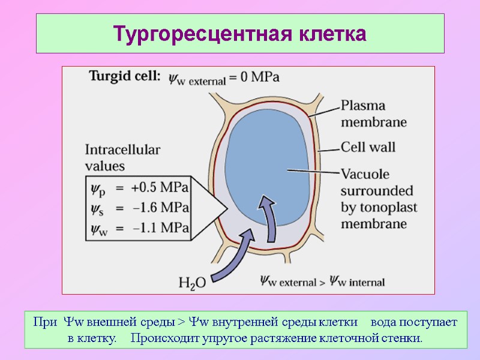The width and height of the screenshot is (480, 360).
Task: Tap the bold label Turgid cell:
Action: [x=125, y=77]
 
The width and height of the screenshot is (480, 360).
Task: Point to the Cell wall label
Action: [x=368, y=146]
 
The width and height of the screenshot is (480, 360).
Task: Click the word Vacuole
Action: [x=365, y=175]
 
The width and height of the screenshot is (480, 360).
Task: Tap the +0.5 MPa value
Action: [x=160, y=187]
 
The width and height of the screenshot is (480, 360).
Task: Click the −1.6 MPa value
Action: [x=160, y=208]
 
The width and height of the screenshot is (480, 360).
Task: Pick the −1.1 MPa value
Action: [x=160, y=228]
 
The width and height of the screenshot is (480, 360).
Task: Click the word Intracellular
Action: [x=122, y=149]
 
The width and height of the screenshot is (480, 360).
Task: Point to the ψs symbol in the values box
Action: [x=97, y=208]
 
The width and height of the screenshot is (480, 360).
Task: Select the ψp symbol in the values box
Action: [x=97, y=188]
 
